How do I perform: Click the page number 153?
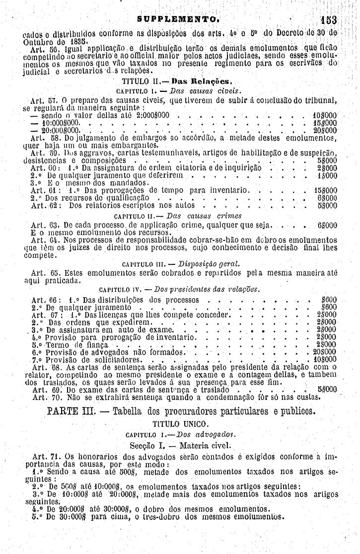click(x=328, y=21)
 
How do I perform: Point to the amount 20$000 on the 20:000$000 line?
click(x=326, y=130)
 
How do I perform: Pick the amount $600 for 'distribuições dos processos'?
click(x=329, y=300)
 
